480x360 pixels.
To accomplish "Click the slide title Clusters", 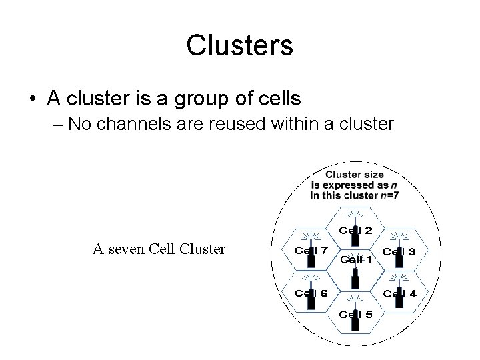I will point(239,45).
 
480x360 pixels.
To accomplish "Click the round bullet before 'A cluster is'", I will point(32,100).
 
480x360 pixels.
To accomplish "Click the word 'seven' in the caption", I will point(132,249).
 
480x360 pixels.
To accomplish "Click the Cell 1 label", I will point(356,260).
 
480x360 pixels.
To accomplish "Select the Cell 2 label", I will point(356,231).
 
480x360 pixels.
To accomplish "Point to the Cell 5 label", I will point(356,314).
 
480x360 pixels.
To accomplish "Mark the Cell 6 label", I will point(311,293).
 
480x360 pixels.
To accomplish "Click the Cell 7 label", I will point(311,251).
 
